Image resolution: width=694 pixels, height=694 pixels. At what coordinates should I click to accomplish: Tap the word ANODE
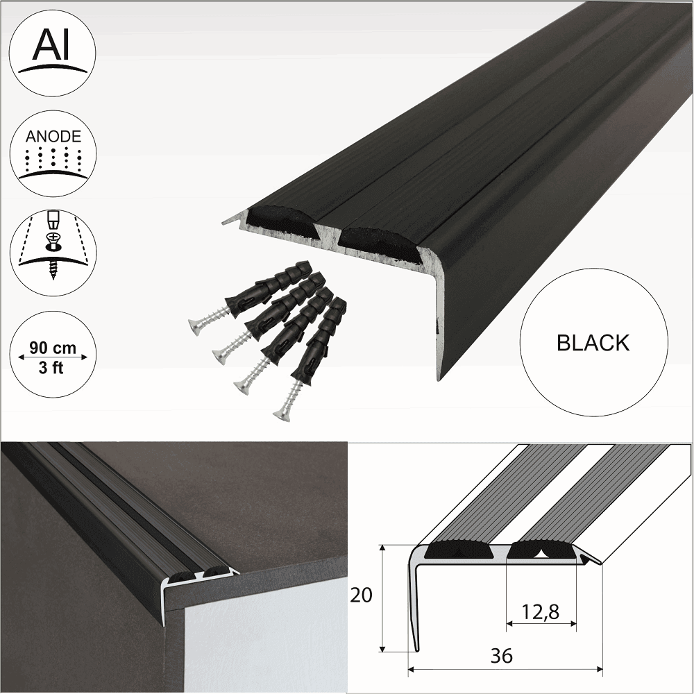tap(53, 137)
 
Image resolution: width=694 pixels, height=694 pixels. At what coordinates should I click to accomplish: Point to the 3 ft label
tap(53, 368)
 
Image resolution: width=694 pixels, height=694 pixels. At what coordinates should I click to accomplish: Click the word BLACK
tap(593, 343)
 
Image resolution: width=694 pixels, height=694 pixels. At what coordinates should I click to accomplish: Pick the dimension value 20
tap(362, 595)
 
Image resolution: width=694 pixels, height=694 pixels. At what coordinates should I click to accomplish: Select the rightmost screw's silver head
tap(281, 415)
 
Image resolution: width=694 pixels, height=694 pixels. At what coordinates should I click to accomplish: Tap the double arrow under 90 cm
tap(53, 357)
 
